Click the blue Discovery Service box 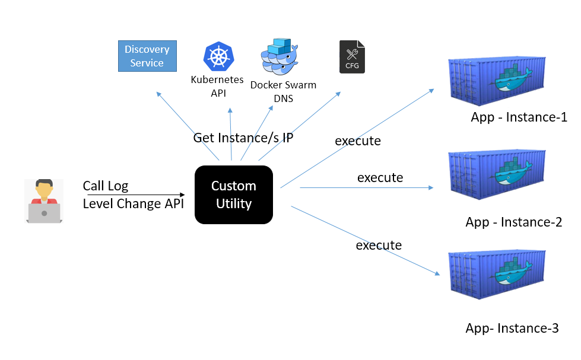tap(147, 56)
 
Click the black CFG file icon tap(352, 57)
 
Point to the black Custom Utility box tap(234, 195)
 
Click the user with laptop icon tap(45, 201)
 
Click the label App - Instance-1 tap(519, 117)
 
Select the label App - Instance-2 tap(514, 222)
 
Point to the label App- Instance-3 tap(512, 329)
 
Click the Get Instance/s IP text tap(243, 138)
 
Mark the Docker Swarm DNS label tap(283, 91)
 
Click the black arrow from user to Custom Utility tap(136, 195)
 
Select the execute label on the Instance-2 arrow tap(380, 177)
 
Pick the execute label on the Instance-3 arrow tap(379, 245)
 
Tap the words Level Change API tap(133, 204)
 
